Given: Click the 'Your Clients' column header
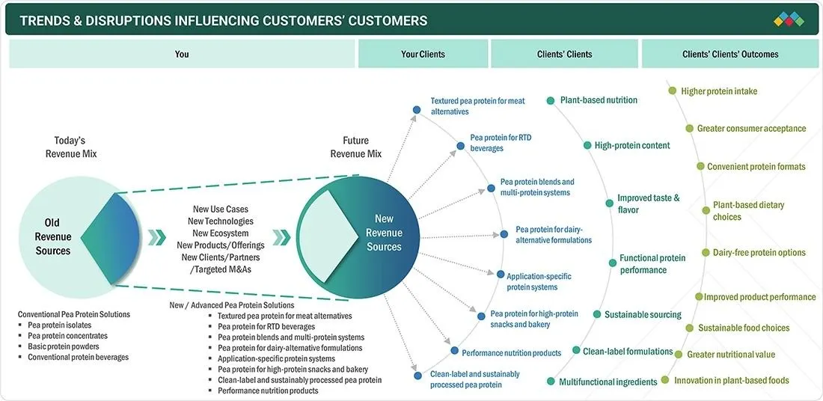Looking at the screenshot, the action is pyautogui.click(x=423, y=54).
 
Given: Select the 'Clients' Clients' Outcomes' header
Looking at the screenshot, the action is pyautogui.click(x=730, y=54).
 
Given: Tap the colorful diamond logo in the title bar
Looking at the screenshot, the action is pyautogui.click(x=789, y=20).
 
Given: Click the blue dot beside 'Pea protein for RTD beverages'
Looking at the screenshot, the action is pyautogui.click(x=460, y=146).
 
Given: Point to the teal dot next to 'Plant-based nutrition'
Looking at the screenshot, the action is pyautogui.click(x=550, y=100).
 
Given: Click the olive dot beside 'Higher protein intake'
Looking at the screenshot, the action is pyautogui.click(x=673, y=91).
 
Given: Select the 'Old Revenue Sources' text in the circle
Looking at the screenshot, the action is pyautogui.click(x=53, y=237).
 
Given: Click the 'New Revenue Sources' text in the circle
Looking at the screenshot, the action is pyautogui.click(x=384, y=233).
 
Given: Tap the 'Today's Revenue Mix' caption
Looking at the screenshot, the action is pyautogui.click(x=71, y=147).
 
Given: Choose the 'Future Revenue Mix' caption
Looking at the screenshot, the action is pyautogui.click(x=355, y=147).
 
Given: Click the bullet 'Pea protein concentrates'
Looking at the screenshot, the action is pyautogui.click(x=67, y=336).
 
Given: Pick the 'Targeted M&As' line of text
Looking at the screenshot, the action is pyautogui.click(x=221, y=269).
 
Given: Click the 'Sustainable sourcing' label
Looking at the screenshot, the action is pyautogui.click(x=643, y=314).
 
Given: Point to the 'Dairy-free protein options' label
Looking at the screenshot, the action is pyautogui.click(x=752, y=252).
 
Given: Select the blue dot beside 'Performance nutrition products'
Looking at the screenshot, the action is pyautogui.click(x=455, y=351).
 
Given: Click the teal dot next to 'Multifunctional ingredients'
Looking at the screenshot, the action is pyautogui.click(x=550, y=382).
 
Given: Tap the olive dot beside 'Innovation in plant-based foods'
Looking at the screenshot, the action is pyautogui.click(x=665, y=379).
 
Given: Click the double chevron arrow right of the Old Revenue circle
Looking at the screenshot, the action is pyautogui.click(x=156, y=237).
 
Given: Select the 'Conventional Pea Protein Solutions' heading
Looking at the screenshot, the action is pyautogui.click(x=74, y=314).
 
